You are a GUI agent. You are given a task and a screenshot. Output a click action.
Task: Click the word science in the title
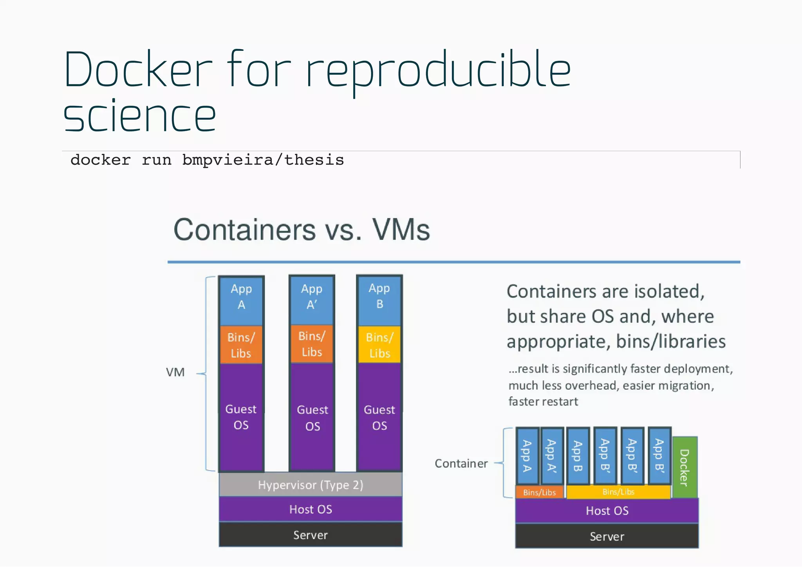tap(139, 116)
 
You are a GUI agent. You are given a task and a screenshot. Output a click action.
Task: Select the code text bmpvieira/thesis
tap(263, 160)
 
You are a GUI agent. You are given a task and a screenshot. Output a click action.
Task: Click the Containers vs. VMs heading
tap(302, 230)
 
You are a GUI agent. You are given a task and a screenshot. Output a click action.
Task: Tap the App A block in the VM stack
tap(241, 301)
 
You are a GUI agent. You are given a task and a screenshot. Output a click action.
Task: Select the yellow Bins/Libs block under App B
tap(379, 345)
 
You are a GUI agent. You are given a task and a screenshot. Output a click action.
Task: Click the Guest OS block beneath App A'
tap(312, 418)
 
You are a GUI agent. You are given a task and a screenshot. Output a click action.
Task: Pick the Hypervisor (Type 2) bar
tap(311, 485)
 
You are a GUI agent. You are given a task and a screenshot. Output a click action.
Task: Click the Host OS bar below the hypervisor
tap(311, 509)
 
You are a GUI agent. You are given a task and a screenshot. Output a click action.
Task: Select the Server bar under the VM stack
tap(311, 535)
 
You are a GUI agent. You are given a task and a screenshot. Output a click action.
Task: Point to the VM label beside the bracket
tap(175, 372)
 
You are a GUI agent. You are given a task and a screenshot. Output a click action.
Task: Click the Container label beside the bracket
tap(461, 463)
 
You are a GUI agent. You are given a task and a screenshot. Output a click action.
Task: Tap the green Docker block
tap(685, 467)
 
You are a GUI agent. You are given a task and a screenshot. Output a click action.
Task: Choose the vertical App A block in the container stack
tap(527, 456)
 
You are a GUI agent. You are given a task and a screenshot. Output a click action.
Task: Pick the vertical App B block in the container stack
tap(578, 456)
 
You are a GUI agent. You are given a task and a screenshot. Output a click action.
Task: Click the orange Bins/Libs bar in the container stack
tap(540, 492)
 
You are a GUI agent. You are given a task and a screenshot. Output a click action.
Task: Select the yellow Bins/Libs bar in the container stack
tap(618, 492)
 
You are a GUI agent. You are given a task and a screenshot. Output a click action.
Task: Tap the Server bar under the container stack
tap(607, 536)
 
